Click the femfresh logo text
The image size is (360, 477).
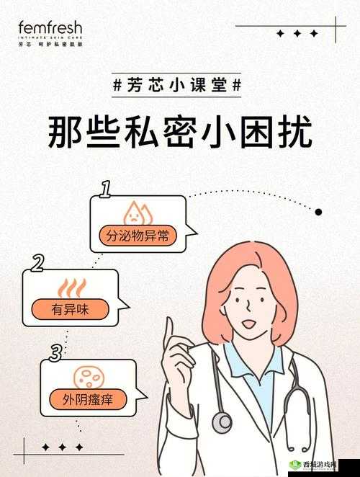point(50,29)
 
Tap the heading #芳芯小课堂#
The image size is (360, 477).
point(178,84)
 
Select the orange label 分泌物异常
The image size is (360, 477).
point(137,235)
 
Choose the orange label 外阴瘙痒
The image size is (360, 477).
point(89,398)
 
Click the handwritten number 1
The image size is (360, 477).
point(105,190)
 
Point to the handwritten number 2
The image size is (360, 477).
point(38,263)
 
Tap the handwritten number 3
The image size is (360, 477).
point(55,353)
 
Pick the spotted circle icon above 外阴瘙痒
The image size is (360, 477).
point(88,375)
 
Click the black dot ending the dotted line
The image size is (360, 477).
point(319,212)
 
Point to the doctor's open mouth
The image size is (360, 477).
point(248,324)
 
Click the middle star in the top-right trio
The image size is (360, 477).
point(296,33)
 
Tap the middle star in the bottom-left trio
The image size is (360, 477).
point(63,448)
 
